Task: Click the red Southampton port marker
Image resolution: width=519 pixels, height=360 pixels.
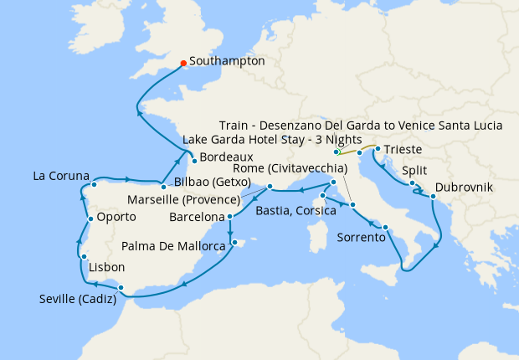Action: [183, 61]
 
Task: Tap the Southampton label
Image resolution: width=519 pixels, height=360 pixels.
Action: [227, 61]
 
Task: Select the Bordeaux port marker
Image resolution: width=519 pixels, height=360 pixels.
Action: [193, 160]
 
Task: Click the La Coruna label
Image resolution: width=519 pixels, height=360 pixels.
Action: [60, 176]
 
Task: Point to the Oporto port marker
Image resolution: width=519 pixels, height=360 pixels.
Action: [90, 219]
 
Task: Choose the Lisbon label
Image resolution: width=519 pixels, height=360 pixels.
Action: [106, 268]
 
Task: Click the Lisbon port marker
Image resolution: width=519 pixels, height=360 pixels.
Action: [84, 256]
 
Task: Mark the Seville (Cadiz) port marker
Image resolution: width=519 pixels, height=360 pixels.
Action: [122, 289]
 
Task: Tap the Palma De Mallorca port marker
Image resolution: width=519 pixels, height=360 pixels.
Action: [236, 244]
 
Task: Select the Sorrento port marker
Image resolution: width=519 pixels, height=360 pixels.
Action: [385, 228]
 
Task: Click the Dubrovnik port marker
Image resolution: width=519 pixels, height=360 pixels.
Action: [433, 198]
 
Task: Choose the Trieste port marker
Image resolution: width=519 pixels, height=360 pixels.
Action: [378, 150]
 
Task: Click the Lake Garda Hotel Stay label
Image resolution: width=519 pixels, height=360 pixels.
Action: [271, 139]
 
